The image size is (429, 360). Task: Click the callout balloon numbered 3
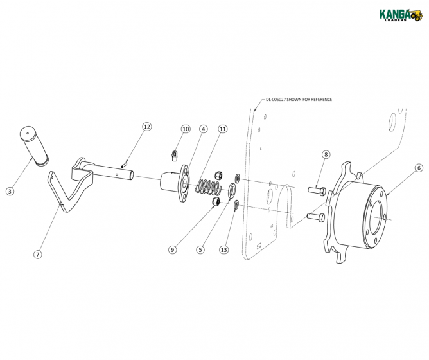tap(10, 191)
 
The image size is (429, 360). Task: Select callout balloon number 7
tap(38, 254)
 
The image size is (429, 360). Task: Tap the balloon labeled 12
tap(146, 127)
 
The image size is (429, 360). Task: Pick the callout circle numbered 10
tap(186, 129)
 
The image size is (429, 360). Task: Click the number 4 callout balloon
tap(203, 129)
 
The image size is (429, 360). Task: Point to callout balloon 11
tap(223, 129)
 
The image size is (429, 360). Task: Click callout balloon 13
tap(223, 249)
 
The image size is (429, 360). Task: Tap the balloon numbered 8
tap(326, 154)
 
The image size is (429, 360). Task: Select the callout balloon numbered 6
tap(418, 168)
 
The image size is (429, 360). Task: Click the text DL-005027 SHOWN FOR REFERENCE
tap(299, 100)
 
